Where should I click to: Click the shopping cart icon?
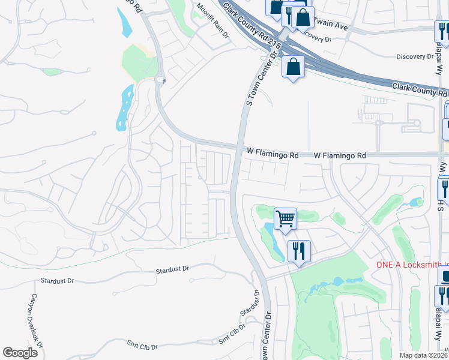point(286,218)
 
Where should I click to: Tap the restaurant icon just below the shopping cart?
point(298,250)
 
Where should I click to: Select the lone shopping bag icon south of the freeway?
point(294,67)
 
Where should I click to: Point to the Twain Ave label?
point(331,27)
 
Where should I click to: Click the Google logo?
point(20,353)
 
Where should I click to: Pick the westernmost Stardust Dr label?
point(57,280)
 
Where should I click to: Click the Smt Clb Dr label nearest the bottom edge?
point(142,347)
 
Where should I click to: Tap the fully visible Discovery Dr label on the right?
point(414,56)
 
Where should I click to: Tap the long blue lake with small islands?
point(125,107)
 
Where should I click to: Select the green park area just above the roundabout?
point(140,60)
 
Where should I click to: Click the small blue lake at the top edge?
point(125,23)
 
